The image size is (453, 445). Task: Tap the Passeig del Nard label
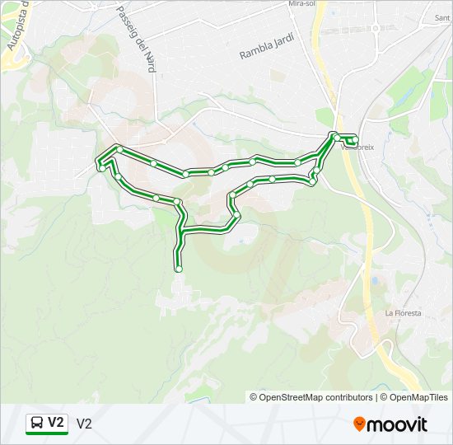click(x=136, y=36)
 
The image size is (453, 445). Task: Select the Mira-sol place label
click(x=302, y=4)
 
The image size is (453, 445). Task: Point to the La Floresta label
click(x=403, y=313)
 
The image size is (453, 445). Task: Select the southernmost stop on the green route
click(x=179, y=269)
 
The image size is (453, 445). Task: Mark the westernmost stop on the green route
click(x=101, y=167)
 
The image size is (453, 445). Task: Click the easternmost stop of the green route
click(x=355, y=137)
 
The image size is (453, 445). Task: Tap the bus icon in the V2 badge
click(x=37, y=424)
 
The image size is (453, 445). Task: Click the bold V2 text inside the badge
click(x=55, y=423)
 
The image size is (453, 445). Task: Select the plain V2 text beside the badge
click(x=84, y=424)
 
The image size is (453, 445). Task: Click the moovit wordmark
click(x=398, y=424)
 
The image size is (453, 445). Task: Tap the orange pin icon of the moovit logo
click(x=360, y=424)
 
